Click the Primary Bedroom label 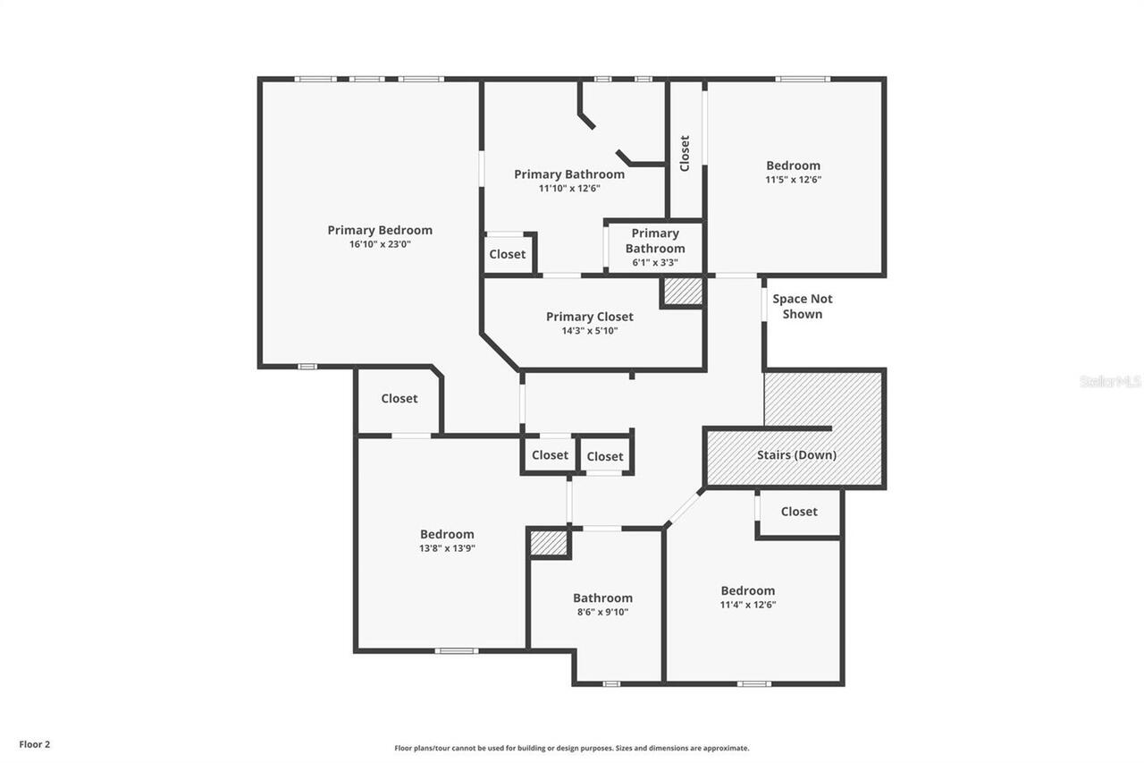380,230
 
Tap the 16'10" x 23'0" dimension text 380,244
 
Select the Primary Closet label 589,317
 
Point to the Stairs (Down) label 796,454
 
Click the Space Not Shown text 803,306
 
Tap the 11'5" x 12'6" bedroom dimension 793,179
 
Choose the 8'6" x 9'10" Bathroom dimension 602,612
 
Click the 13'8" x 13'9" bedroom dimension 447,548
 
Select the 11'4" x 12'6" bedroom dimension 748,604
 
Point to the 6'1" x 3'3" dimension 655,263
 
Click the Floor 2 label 35,743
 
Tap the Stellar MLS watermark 1110,381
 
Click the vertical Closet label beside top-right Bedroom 685,153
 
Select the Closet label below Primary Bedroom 399,398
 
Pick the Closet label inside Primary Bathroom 508,254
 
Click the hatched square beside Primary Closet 682,292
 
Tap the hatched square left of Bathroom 549,543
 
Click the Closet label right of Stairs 798,512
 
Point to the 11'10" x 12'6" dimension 569,189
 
